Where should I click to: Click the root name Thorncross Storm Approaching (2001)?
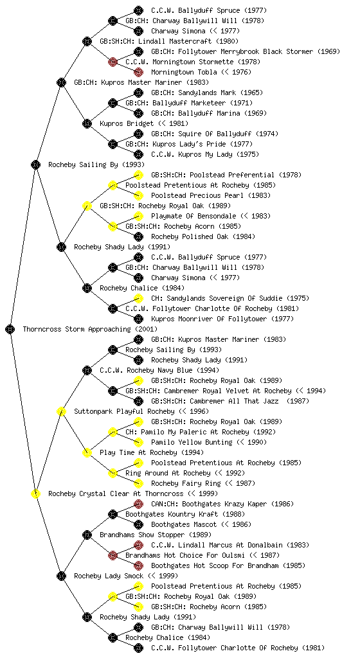90,330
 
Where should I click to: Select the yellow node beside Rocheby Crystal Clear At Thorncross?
35,493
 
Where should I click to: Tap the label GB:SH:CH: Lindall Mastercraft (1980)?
169,41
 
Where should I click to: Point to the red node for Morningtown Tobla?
138,72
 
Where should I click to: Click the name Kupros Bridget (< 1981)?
144,123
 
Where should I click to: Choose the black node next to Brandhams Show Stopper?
87,535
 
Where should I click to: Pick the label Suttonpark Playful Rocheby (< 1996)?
141,412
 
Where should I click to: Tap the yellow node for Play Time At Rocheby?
87,452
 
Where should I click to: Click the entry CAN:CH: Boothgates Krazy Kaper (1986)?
222,504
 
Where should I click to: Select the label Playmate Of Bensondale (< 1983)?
211,216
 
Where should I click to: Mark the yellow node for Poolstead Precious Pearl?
138,195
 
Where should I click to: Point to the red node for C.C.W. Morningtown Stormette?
113,62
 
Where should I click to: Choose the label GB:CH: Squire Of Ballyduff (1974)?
215,134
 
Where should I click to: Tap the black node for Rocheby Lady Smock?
61,576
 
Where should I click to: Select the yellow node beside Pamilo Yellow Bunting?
138,442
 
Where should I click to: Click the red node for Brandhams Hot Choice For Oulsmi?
113,555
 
